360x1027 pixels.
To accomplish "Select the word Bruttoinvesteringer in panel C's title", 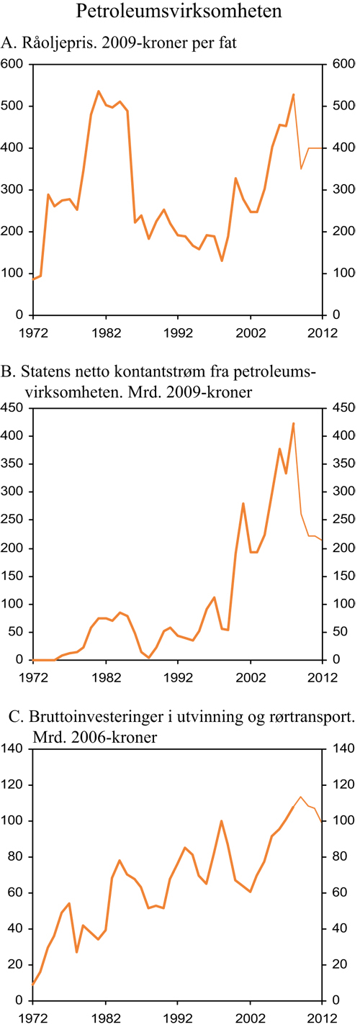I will (91, 717).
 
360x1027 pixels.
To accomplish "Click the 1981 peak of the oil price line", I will (98, 91).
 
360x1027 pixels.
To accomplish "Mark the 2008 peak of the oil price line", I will (293, 94).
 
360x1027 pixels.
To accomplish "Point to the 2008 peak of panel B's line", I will (293, 423).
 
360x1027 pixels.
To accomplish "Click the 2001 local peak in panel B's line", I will (243, 503).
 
